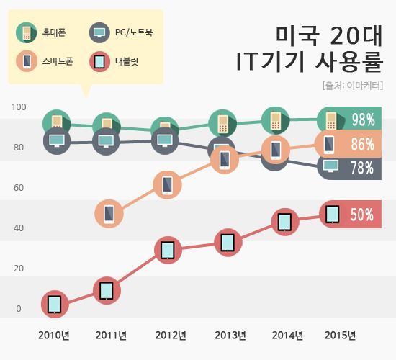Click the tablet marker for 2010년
(55, 304)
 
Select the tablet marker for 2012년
(167, 251)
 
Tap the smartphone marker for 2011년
(109, 214)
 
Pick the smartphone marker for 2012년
(167, 185)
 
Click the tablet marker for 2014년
(285, 222)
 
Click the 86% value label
(362, 145)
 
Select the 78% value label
(362, 168)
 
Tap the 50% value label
(362, 215)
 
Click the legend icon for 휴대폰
(27, 32)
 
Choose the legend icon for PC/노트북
(99, 32)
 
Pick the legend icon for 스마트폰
(27, 61)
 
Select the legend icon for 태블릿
(99, 61)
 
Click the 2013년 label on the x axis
(230, 336)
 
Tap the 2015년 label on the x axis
(340, 336)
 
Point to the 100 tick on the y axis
(19, 107)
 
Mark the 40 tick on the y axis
(19, 228)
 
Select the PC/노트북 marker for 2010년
(56, 140)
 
